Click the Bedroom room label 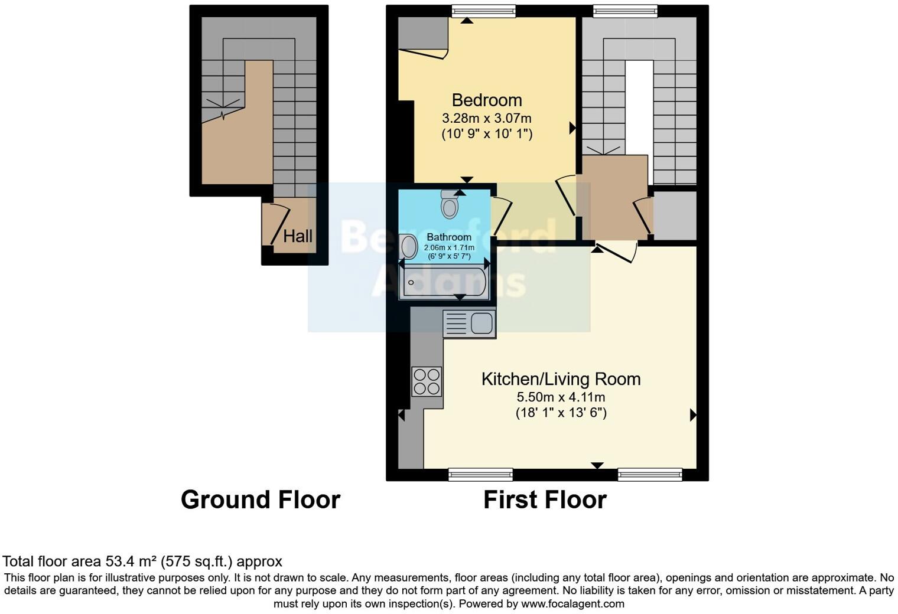(487, 100)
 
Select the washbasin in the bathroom (408, 247)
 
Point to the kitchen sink (470, 324)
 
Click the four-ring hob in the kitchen (427, 381)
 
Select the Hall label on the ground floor (298, 236)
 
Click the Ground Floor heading (260, 499)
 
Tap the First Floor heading (545, 499)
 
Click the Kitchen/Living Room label (561, 379)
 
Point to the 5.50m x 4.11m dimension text (561, 397)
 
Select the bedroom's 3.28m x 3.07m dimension (487, 119)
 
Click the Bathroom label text (449, 237)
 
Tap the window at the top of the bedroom (483, 11)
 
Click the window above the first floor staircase (625, 11)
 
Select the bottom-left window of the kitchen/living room (480, 474)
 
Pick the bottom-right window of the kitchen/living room (650, 474)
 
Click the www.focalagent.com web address (572, 604)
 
